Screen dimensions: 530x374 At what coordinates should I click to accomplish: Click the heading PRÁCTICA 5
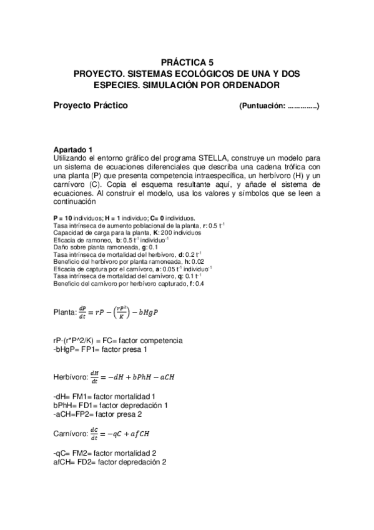tap(187, 62)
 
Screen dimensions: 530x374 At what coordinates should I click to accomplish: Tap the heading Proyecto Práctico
tap(91, 106)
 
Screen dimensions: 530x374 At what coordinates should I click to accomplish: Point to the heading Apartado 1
tap(73, 149)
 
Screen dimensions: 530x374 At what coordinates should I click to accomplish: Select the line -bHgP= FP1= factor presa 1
tap(101, 349)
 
